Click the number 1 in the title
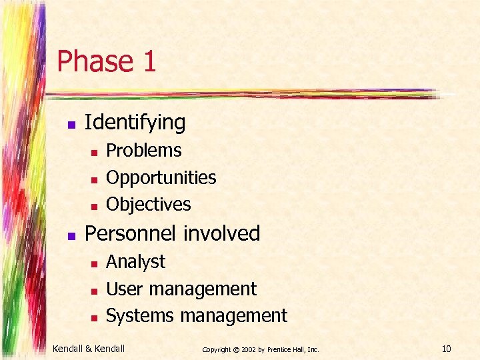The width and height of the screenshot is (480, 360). coord(149,61)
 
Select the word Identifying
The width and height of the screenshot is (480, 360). coord(135,123)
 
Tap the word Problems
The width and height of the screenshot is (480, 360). coord(144,151)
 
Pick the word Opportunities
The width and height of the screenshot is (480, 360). coord(161,178)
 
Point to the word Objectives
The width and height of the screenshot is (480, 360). coord(149,205)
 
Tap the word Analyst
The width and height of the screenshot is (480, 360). coord(135,262)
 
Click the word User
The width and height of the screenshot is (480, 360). coord(125,289)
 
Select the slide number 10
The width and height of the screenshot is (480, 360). coord(447,348)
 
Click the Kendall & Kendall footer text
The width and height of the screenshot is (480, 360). coord(89,348)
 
